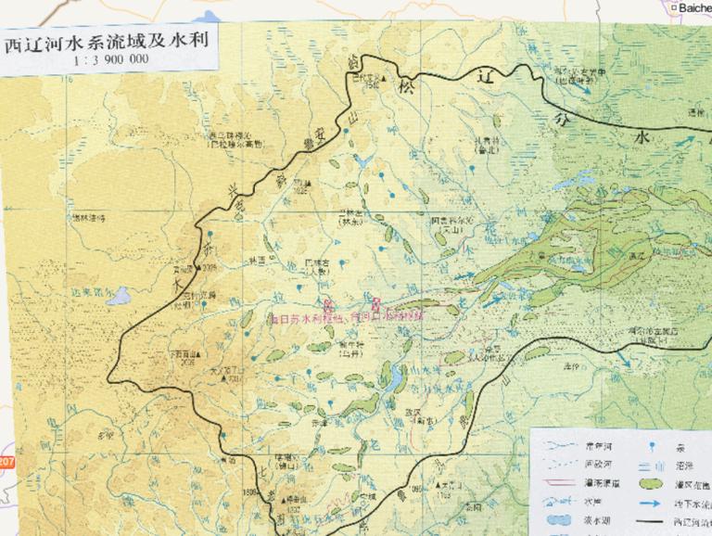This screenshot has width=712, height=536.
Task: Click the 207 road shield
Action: coord(6,461)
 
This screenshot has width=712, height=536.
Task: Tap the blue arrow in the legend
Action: coord(653,502)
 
